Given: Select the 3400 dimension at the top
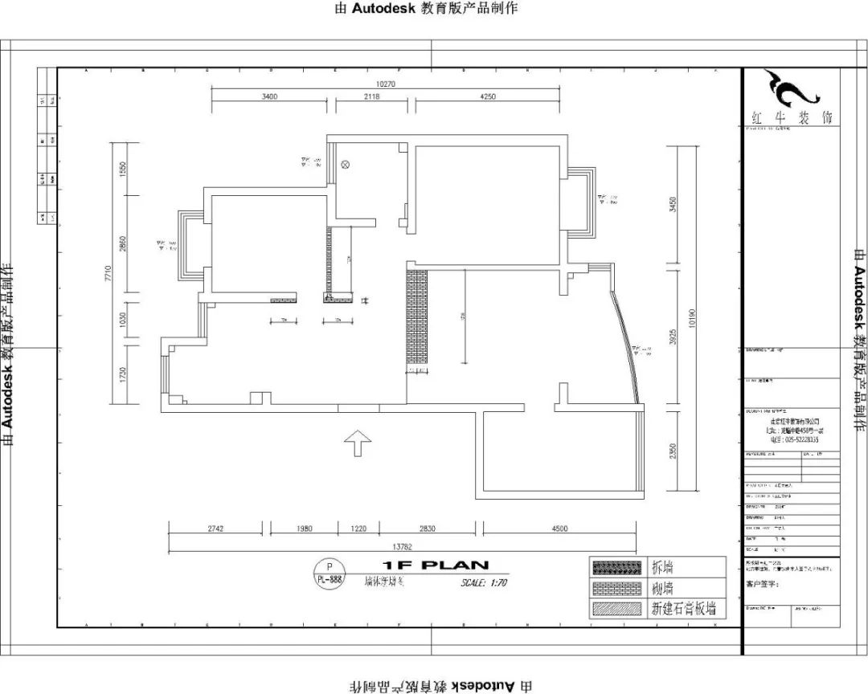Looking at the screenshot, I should pos(269,96).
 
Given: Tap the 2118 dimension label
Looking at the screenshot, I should pos(371,96).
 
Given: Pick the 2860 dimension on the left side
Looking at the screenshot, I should pos(123,244).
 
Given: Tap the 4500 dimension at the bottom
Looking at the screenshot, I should pos(559,529).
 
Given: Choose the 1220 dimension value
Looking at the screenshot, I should pos(358,529).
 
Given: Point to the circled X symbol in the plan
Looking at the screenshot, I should pos(346,165).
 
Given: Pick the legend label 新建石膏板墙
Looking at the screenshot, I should pos(683,609).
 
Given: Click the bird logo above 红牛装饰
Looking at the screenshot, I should pos(791,89).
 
